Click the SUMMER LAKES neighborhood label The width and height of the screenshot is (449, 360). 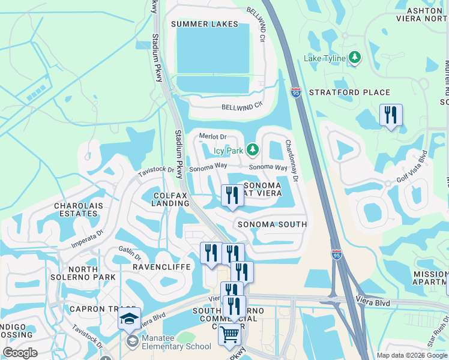click(204, 24)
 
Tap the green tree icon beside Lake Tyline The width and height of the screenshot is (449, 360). click(355, 58)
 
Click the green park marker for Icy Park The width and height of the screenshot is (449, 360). click(253, 148)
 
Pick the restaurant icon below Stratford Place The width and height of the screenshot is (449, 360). click(391, 115)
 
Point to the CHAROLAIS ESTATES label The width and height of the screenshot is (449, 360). click(76, 209)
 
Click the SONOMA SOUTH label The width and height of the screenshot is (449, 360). click(272, 224)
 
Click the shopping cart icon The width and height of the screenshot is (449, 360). click(229, 334)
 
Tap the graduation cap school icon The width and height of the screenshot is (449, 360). click(129, 319)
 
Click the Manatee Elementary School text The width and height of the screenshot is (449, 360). click(176, 346)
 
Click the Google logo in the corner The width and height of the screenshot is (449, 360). click(20, 353)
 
